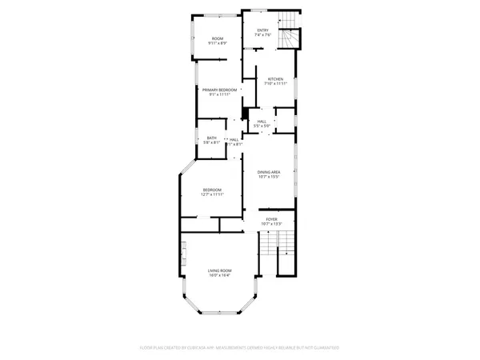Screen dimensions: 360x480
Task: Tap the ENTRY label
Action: tap(262, 30)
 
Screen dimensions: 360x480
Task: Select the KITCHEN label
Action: tap(275, 78)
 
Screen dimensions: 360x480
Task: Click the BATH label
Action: tap(212, 138)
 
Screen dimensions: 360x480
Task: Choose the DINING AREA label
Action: tap(268, 172)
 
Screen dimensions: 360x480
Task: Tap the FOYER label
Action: tap(271, 218)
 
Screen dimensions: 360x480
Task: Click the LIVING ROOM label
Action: tap(219, 270)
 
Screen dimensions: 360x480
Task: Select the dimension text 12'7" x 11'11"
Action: tap(212, 194)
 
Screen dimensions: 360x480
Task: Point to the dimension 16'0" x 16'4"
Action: tap(219, 276)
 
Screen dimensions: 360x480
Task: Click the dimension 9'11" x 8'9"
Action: tap(218, 44)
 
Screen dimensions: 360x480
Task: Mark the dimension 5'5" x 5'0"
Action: tap(262, 126)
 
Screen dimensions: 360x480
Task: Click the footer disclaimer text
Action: tap(240, 349)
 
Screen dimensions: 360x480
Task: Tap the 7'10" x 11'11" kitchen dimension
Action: tap(275, 84)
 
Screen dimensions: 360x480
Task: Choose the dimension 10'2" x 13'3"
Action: tap(271, 223)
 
